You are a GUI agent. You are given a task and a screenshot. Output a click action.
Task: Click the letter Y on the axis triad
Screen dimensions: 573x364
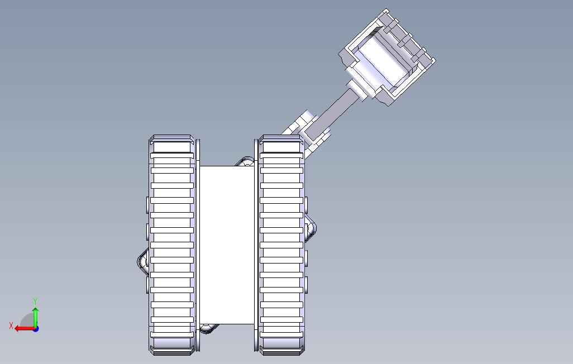(35, 301)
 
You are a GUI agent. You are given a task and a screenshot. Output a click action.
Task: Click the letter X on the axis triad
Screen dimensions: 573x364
(11, 325)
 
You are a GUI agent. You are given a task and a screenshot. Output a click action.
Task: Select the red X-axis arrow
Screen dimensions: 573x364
(25, 329)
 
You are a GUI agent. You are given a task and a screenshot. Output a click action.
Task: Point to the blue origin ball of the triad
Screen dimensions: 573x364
(36, 329)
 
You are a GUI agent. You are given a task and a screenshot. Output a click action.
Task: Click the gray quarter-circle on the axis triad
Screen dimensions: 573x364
(27, 322)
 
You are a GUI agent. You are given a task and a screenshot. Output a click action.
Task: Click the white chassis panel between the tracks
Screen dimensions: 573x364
(227, 245)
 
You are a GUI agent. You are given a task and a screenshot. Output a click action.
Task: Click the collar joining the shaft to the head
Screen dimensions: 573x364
(356, 89)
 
